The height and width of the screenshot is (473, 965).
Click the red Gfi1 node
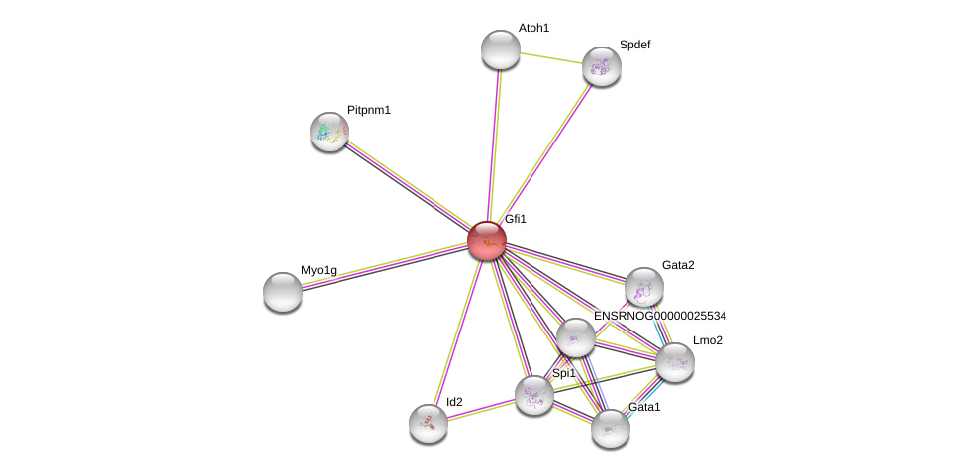pyautogui.click(x=487, y=240)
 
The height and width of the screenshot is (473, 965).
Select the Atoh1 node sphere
pyautogui.click(x=501, y=49)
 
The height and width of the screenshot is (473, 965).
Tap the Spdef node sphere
pyautogui.click(x=602, y=66)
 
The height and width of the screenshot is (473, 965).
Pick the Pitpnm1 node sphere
pyautogui.click(x=330, y=132)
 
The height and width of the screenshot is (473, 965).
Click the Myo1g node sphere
pyautogui.click(x=283, y=292)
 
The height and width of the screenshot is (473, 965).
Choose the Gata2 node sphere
pyautogui.click(x=643, y=287)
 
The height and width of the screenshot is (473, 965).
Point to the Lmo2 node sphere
pyautogui.click(x=675, y=363)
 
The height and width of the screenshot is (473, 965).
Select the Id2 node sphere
pyautogui.click(x=429, y=424)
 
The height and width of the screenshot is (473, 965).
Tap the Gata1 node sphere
pyautogui.click(x=611, y=428)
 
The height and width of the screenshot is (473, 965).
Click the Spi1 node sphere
pyautogui.click(x=534, y=396)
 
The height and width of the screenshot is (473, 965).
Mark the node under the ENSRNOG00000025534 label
pyautogui.click(x=575, y=337)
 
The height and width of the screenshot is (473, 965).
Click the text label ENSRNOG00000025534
pyautogui.click(x=660, y=316)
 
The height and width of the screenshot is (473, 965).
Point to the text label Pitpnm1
pyautogui.click(x=368, y=110)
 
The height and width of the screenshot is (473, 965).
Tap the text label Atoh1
pyautogui.click(x=533, y=28)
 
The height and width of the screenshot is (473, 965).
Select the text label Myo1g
pyautogui.click(x=318, y=270)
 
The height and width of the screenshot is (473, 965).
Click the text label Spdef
pyautogui.click(x=634, y=45)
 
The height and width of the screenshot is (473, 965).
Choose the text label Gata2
pyautogui.click(x=678, y=265)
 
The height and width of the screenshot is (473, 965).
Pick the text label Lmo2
pyautogui.click(x=707, y=340)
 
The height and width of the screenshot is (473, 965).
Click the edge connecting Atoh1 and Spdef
pyautogui.click(x=551, y=57)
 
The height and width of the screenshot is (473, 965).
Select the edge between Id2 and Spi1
pyautogui.click(x=481, y=410)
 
